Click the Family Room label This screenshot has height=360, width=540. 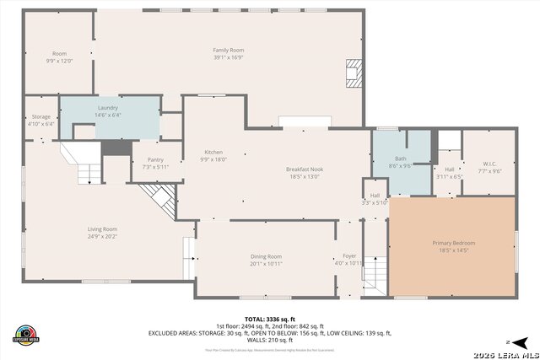pos(228,50)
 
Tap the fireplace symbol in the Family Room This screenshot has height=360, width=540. pos(353,73)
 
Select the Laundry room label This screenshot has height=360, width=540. pos(107,108)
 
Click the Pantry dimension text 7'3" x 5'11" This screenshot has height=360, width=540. pos(155,167)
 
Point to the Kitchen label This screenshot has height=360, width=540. pos(201,152)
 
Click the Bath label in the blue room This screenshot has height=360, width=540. pos(400,159)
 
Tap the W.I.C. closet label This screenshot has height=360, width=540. pos(490,164)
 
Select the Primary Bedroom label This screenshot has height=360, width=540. pos(454,243)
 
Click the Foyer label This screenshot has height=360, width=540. pos(349,255)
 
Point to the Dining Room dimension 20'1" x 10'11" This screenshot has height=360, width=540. pos(266,264)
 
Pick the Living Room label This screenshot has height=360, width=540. pos(102,228)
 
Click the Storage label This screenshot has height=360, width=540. pos(40,116)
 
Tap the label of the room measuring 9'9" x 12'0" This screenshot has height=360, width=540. pos(59,53)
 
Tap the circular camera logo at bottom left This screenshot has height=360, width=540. pos(26,334)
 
